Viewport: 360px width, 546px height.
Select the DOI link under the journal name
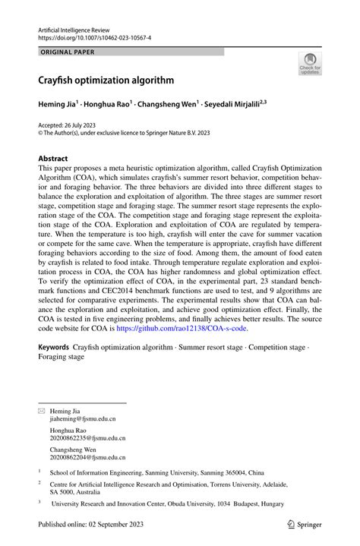click(94, 36)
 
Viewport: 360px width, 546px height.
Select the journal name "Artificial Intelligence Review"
click(84, 28)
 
